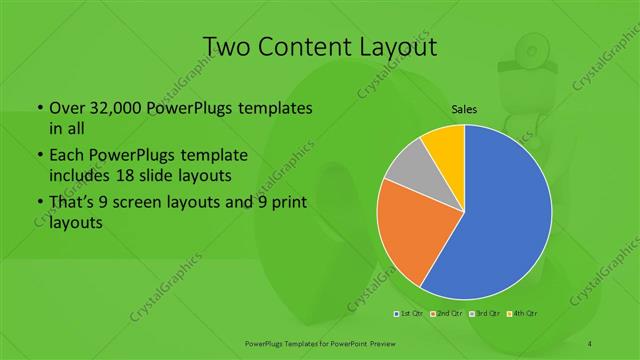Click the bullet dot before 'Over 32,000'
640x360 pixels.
[x=39, y=108]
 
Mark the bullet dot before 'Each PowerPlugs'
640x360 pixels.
[x=39, y=156]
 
